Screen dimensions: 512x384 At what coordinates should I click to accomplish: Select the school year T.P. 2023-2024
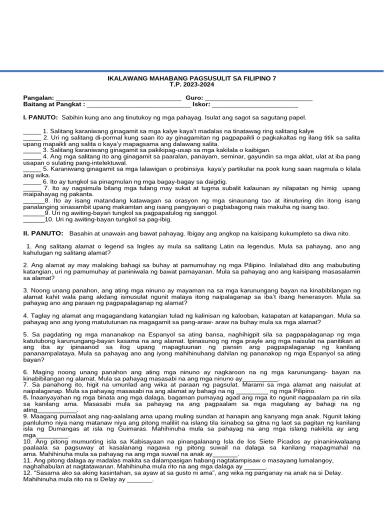click(191, 85)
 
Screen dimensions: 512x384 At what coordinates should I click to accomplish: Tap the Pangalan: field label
click(38, 98)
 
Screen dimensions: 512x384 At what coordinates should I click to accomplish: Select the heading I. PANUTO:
click(40, 117)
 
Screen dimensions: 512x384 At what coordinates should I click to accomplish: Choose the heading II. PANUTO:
click(43, 233)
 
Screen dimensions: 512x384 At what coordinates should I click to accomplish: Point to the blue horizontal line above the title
click(192, 71)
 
